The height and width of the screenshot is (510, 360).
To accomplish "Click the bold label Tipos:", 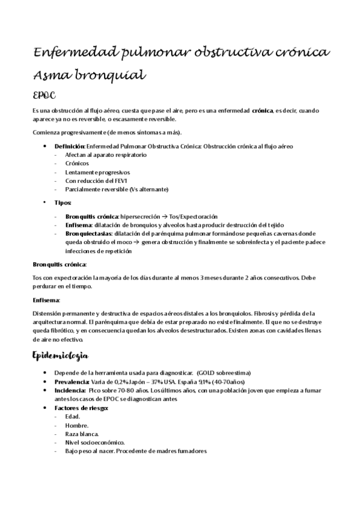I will point(63,203).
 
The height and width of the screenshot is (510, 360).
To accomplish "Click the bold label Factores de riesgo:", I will point(81,408).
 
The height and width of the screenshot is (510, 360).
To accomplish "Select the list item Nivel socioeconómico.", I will point(95,443).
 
